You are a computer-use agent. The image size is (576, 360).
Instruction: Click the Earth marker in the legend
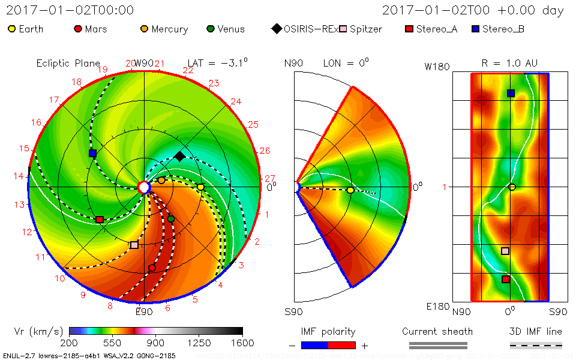(11, 28)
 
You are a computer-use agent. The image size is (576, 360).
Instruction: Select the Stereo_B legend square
(476, 28)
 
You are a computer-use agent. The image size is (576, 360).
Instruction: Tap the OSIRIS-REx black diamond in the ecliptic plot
(179, 157)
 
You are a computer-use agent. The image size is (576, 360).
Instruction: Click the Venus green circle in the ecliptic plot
(171, 219)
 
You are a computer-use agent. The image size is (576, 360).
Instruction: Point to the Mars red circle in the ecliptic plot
(152, 268)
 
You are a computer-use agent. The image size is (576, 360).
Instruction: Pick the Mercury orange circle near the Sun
(161, 180)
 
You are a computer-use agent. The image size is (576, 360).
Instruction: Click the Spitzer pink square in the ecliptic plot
(134, 245)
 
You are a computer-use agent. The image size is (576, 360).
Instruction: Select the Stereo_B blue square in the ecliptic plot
(92, 154)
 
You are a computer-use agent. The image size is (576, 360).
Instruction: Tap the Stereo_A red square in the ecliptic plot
(100, 220)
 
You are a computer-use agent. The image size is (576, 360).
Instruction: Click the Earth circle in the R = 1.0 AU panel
(512, 187)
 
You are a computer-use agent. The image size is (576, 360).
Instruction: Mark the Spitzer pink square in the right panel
(505, 251)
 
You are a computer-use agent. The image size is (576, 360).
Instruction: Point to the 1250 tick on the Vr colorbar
(199, 343)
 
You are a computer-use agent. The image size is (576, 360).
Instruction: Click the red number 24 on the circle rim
(236, 101)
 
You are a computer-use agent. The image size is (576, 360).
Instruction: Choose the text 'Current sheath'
(437, 331)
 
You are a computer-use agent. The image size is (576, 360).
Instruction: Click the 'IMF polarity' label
(328, 331)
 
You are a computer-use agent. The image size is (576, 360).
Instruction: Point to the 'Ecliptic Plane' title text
(68, 63)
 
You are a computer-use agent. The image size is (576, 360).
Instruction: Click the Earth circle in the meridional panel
(350, 190)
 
